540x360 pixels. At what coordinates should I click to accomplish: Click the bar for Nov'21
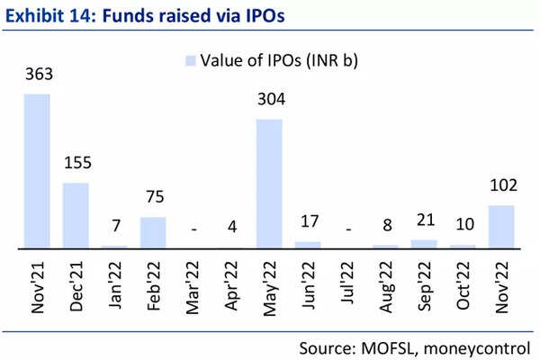(x=37, y=170)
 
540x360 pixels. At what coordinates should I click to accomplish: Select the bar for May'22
(x=269, y=183)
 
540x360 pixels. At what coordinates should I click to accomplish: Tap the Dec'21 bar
(x=76, y=215)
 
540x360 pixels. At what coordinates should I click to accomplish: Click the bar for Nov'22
(x=500, y=226)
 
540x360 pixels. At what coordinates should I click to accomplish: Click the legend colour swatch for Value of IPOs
(x=190, y=60)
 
